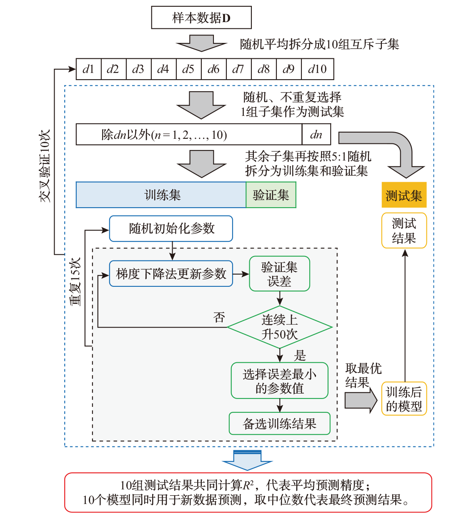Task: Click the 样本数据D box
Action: coord(201,18)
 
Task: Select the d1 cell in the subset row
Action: coord(88,69)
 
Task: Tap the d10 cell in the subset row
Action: coord(317,69)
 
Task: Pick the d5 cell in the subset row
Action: coord(188,69)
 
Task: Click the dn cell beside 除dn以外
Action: coord(316,134)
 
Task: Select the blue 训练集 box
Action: coord(161,195)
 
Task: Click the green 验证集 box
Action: coord(271,195)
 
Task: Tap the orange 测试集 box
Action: coord(404,195)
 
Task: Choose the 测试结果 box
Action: coord(404,231)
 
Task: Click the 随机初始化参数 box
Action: coord(171,228)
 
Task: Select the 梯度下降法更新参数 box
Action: coord(171,274)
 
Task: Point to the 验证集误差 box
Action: coord(279,274)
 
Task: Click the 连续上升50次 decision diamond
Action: coord(279,327)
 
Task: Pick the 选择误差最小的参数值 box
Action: coord(279,381)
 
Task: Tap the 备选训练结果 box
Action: coord(279,424)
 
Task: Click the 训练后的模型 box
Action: coord(404,399)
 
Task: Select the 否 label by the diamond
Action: coord(219,318)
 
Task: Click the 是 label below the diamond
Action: coord(300,355)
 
